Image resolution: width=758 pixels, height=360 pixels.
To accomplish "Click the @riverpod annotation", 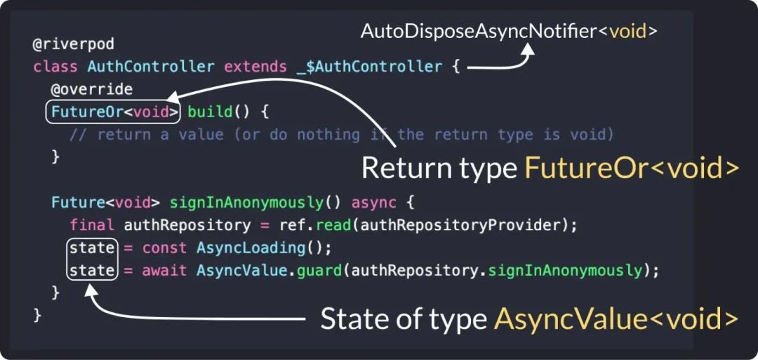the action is (63, 44).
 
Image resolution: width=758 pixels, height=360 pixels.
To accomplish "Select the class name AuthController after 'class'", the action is (151, 67).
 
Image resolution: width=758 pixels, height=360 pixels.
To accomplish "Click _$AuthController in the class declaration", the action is (365, 67).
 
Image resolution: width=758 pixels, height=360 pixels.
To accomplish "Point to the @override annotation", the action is (91, 90).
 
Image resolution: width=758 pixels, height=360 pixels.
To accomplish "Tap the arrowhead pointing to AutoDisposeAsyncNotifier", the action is (527, 50).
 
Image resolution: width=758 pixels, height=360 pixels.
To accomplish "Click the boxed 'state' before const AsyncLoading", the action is (92, 248).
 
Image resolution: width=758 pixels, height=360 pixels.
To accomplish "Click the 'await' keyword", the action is (165, 270).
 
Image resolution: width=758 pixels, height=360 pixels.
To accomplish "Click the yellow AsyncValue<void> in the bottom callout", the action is (616, 319).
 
